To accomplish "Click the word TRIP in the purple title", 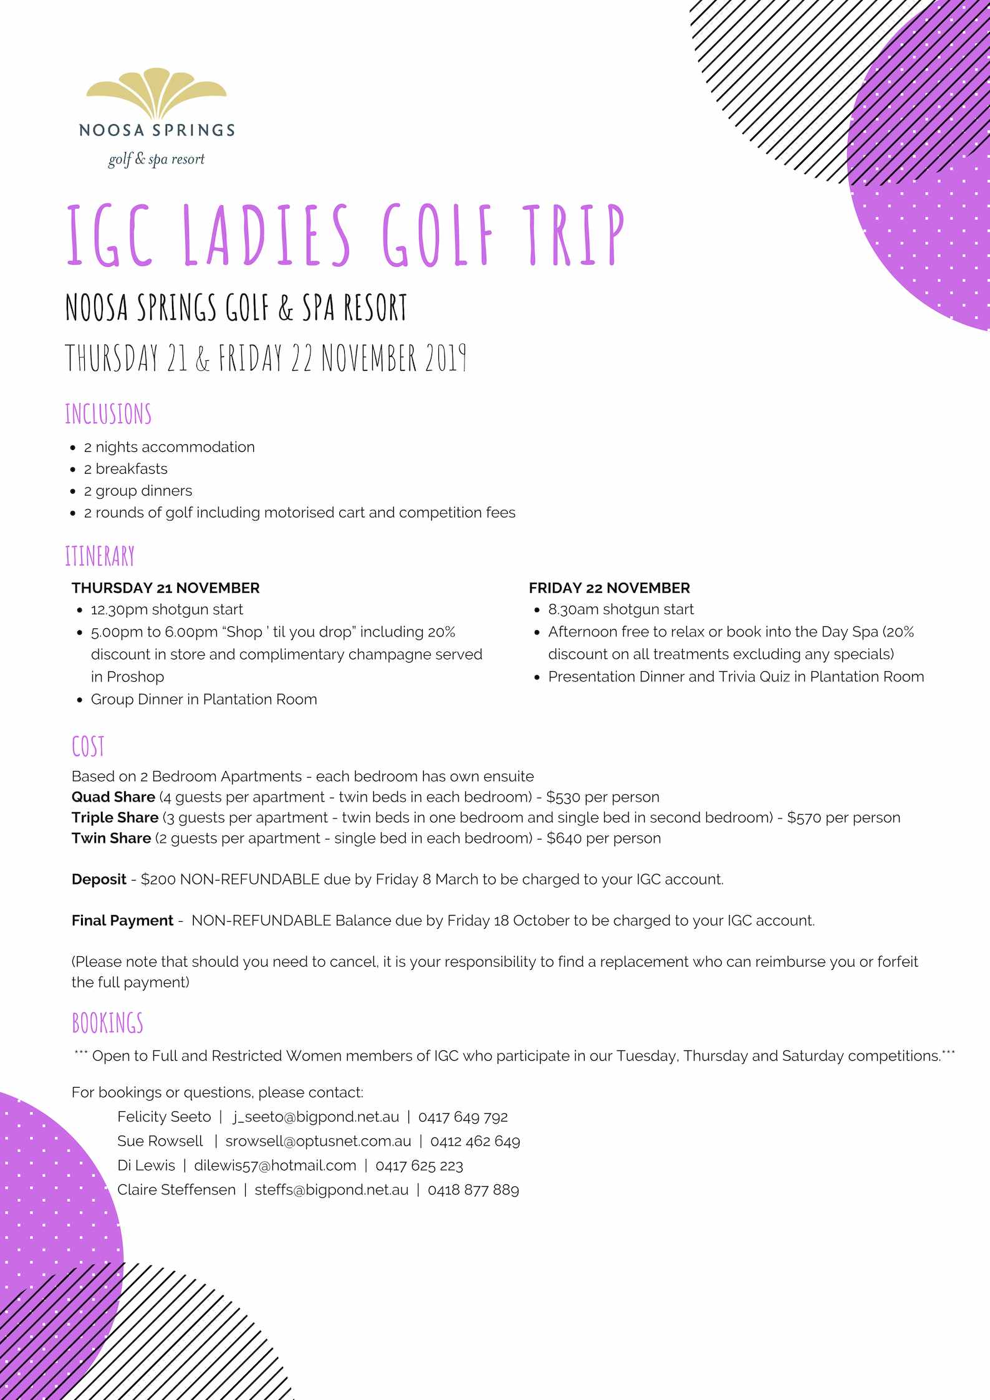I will (573, 235).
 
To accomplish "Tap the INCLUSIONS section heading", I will (108, 414).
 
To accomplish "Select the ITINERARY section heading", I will (100, 556).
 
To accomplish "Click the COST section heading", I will (88, 747).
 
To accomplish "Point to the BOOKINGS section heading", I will (107, 1023).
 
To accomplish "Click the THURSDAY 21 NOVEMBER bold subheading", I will (165, 588).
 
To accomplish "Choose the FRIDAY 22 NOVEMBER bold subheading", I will (609, 588).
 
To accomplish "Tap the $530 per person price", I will (602, 797).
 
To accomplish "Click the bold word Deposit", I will (99, 879).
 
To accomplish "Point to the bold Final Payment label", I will (122, 920).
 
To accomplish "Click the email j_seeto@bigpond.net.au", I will (316, 1116).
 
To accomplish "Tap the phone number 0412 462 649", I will (475, 1141).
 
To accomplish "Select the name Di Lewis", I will (146, 1165).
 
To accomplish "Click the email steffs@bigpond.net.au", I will (331, 1189).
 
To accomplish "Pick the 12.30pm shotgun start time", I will (120, 609).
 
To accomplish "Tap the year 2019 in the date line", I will (446, 358).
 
